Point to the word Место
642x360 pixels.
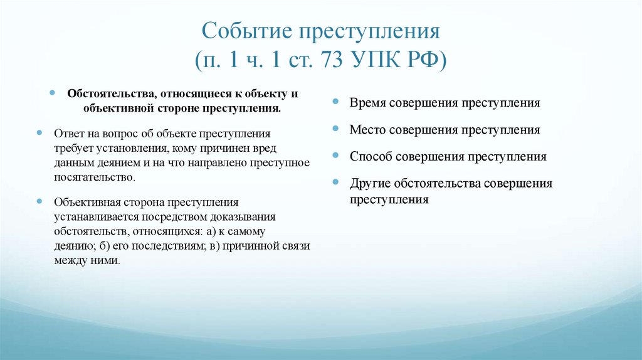(367, 130)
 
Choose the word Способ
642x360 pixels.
(371, 157)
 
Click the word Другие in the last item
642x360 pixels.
(371, 184)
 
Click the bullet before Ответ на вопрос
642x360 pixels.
(40, 134)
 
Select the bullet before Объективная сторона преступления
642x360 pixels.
(40, 202)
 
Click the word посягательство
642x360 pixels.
(94, 177)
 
